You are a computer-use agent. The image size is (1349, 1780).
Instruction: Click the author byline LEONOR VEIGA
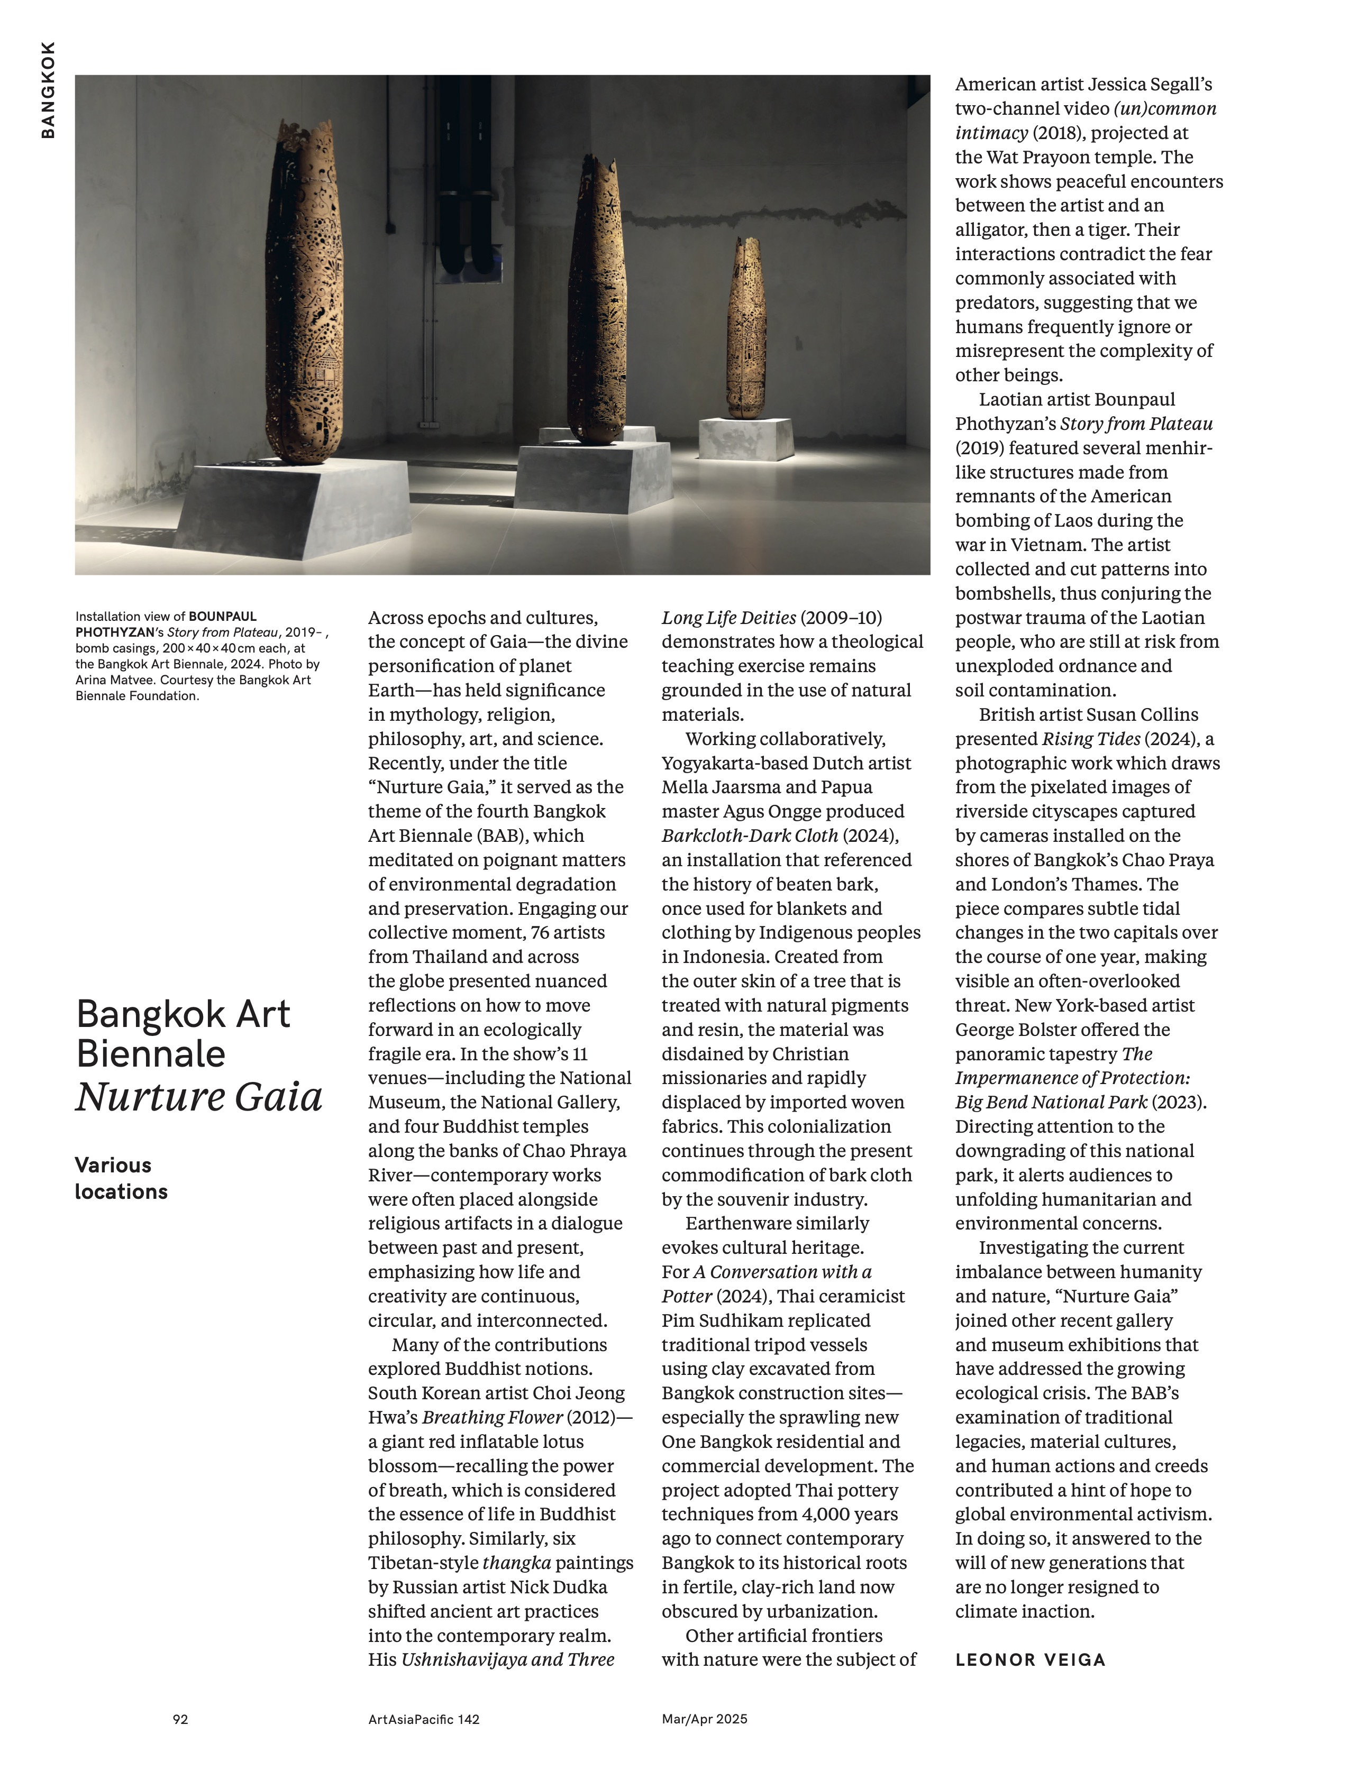coord(1030,1659)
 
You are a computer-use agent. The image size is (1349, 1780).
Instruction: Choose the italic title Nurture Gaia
coord(199,1097)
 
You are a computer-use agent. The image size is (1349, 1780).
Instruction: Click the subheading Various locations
coord(121,1178)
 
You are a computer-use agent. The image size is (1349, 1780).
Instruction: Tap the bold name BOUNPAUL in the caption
coord(223,617)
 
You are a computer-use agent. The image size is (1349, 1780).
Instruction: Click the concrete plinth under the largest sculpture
coord(266,507)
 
